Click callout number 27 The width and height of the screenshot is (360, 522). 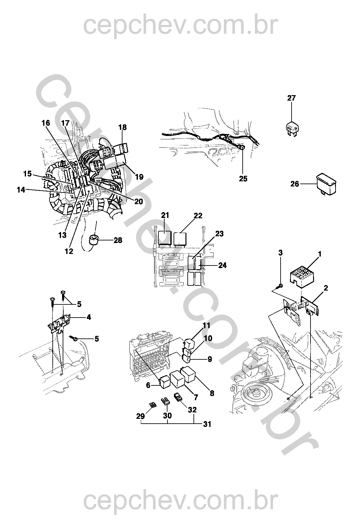pyautogui.click(x=291, y=98)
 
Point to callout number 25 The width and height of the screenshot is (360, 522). pyautogui.click(x=243, y=179)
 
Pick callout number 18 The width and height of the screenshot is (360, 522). pyautogui.click(x=122, y=127)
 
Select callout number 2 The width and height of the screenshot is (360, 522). pyautogui.click(x=326, y=288)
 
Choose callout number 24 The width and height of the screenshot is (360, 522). pyautogui.click(x=222, y=265)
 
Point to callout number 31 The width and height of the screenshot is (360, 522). pyautogui.click(x=208, y=424)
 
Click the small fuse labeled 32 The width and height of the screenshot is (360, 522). pyautogui.click(x=177, y=397)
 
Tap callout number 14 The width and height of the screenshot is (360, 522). pyautogui.click(x=21, y=190)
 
